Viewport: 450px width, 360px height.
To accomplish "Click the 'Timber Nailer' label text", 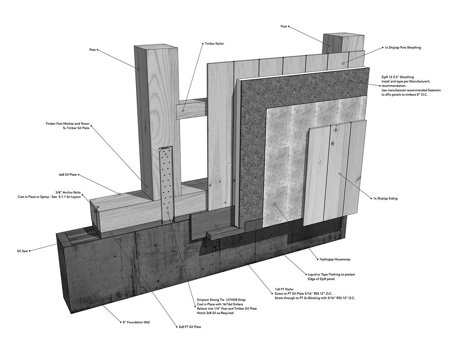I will pos(214,44).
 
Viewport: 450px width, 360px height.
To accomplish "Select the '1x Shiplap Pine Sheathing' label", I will pos(403,48).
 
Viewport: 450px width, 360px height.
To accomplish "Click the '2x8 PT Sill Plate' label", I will pos(189,327).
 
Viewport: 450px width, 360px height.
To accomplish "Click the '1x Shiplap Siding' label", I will pos(385,198).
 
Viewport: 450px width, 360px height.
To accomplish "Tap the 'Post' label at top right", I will pos(283,27).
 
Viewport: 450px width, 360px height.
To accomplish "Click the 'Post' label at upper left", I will pos(92,49).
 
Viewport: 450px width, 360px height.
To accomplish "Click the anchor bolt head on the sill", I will pos(96,208).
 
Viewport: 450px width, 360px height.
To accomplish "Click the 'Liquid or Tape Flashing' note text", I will pos(328,274).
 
